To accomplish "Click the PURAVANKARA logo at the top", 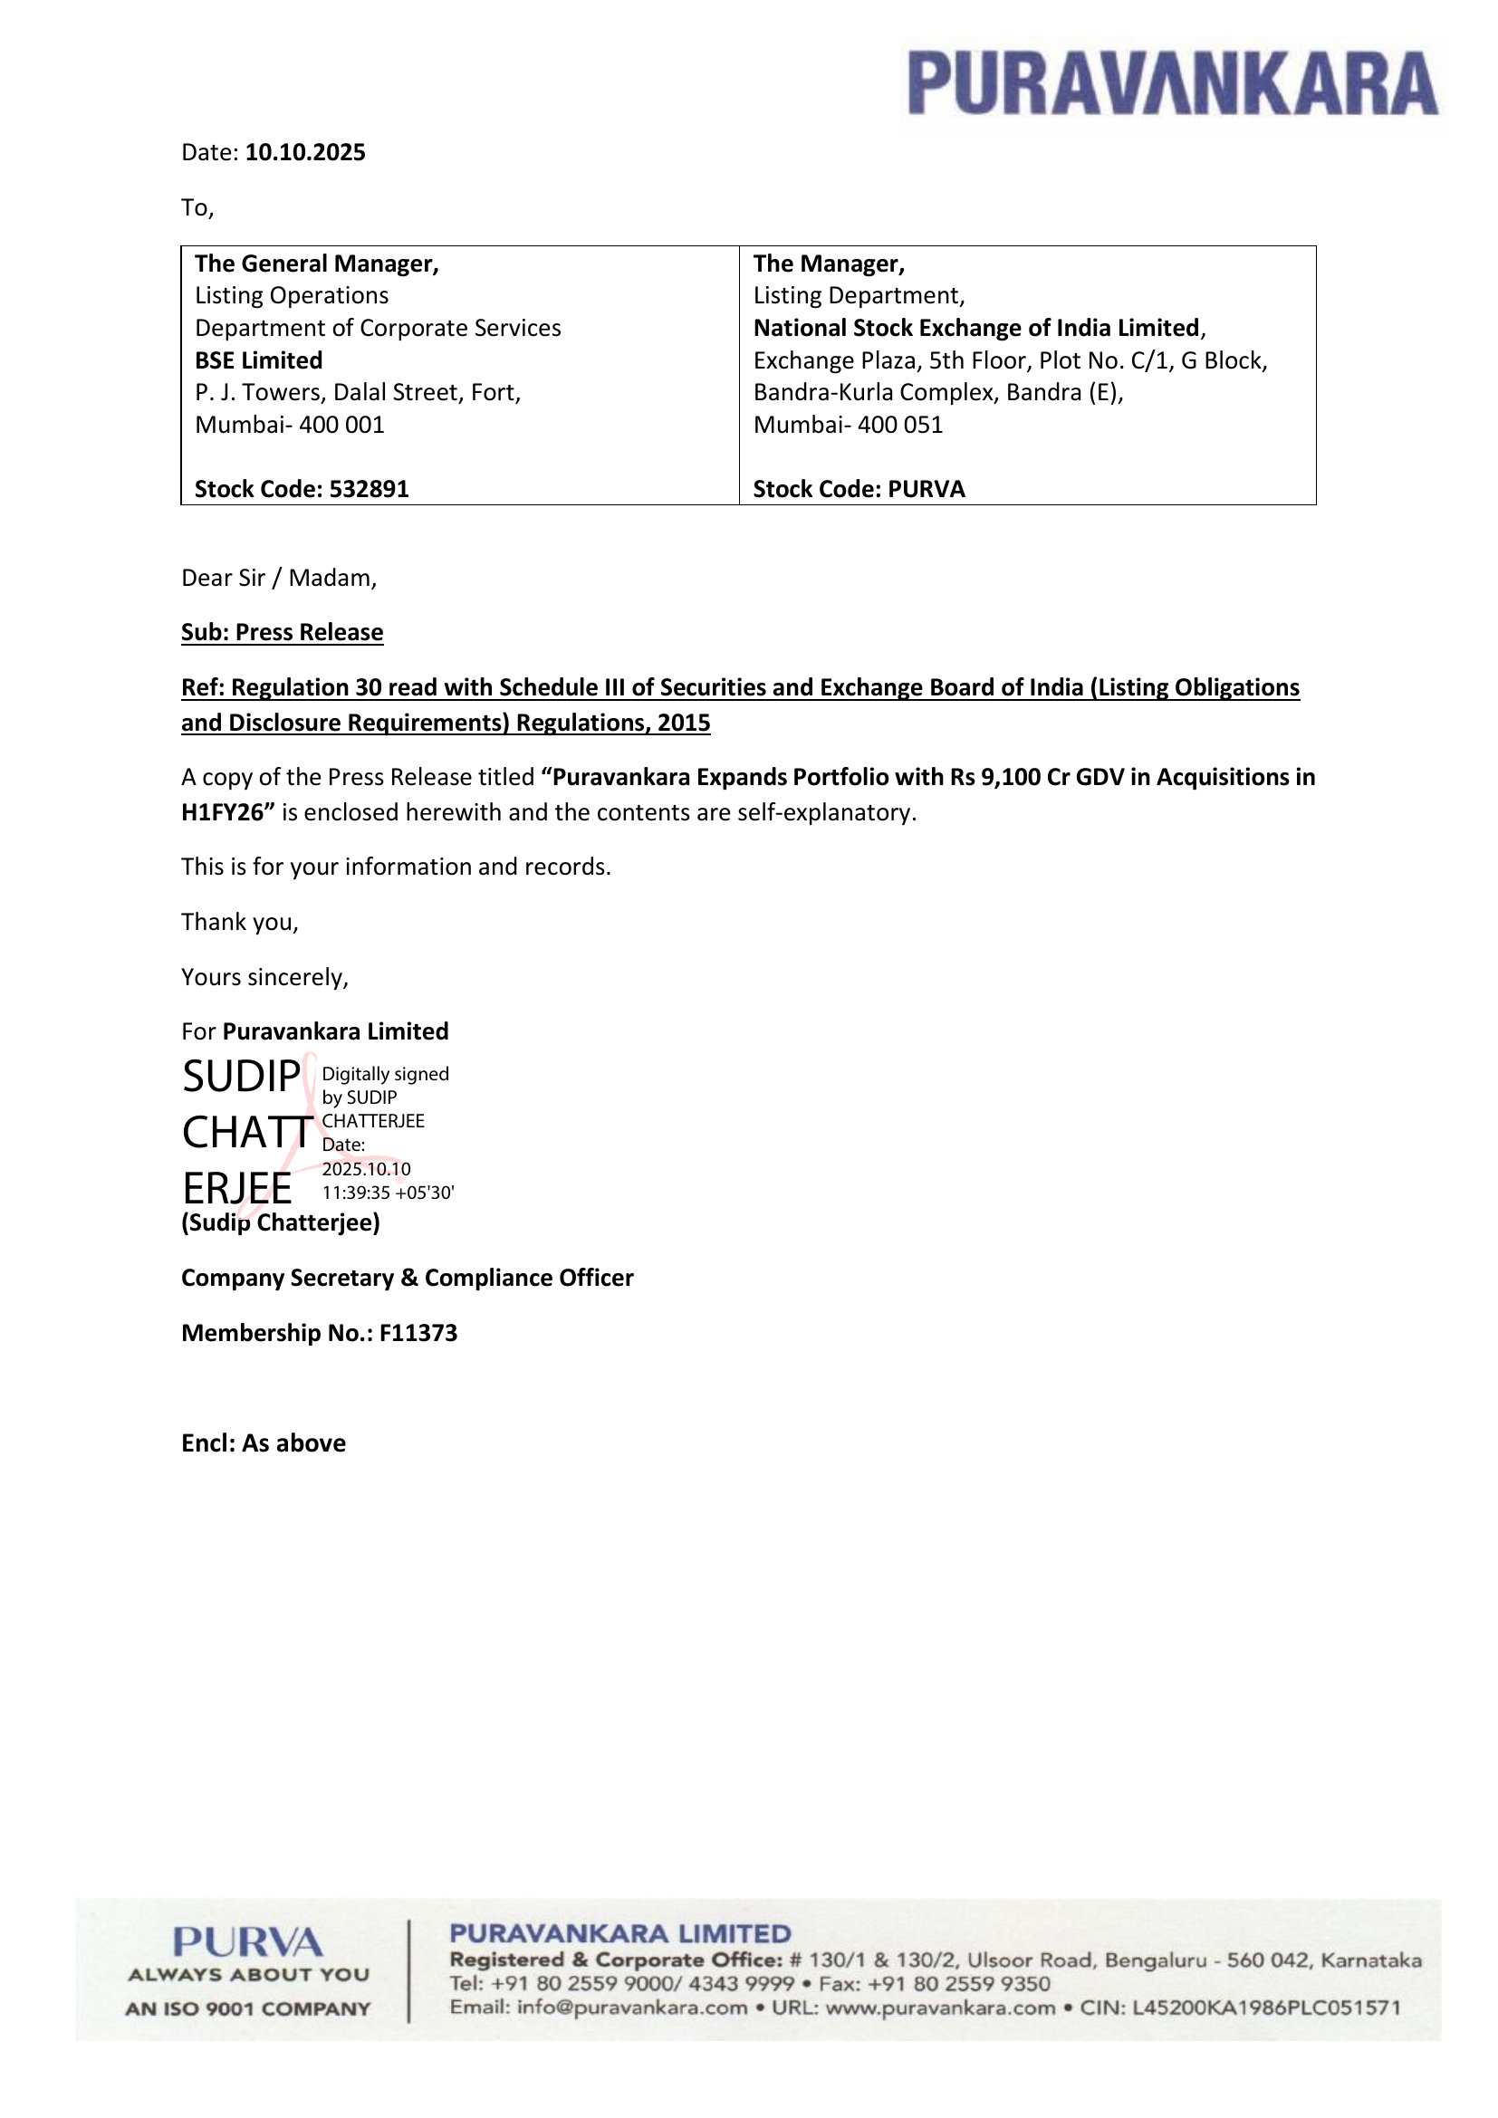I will pos(1171,84).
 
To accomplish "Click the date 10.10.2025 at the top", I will pos(305,153).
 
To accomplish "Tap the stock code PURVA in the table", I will pos(927,489).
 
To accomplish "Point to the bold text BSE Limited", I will pos(258,360).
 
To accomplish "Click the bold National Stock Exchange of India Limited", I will pos(976,329).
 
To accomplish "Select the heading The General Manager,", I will pos(316,264).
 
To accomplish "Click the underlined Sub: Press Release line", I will pos(283,633).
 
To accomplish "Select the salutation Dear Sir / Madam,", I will pos(279,579).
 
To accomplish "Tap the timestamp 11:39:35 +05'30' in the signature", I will pos(388,1193).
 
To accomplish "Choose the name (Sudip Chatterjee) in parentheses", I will pos(281,1223).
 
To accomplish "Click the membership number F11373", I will pos(418,1333).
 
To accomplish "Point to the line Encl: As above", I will pos(264,1443).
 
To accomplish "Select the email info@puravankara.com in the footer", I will pos(632,2008).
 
